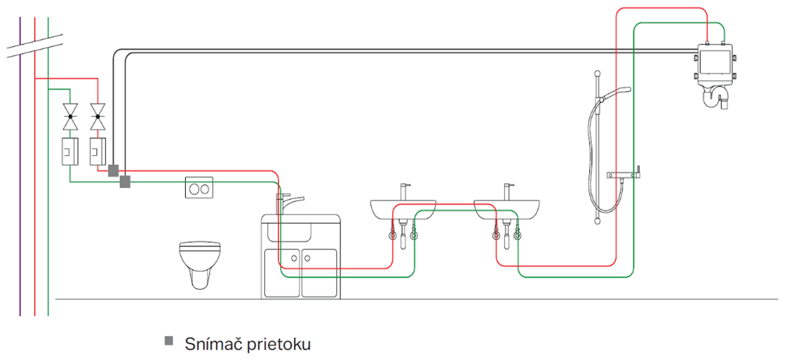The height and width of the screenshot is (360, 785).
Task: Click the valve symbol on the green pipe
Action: point(69,116)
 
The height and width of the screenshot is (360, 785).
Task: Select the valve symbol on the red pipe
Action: point(98,116)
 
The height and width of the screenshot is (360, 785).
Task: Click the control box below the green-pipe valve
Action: point(69,151)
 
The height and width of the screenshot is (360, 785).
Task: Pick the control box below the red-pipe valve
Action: point(98,151)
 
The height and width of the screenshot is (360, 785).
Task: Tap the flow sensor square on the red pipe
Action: point(113,170)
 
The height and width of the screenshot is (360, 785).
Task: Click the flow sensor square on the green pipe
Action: point(125,181)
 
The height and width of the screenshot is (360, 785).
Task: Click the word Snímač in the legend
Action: point(209,342)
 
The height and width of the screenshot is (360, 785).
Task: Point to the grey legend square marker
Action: point(169,341)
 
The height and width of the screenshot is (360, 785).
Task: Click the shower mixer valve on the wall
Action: point(626,175)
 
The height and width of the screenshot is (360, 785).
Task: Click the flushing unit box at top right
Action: point(714,63)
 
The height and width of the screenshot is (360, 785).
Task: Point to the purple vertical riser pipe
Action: point(20,196)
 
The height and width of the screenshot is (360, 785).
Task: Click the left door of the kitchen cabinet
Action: point(282,272)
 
